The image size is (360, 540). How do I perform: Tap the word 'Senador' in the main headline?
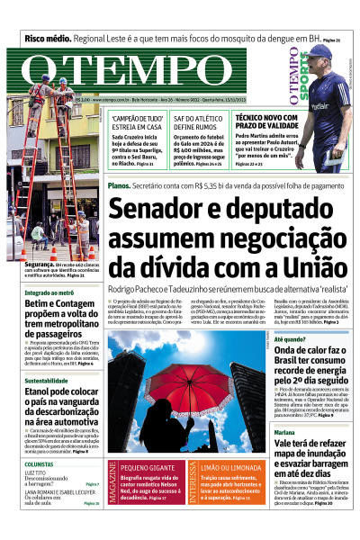click(158, 209)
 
